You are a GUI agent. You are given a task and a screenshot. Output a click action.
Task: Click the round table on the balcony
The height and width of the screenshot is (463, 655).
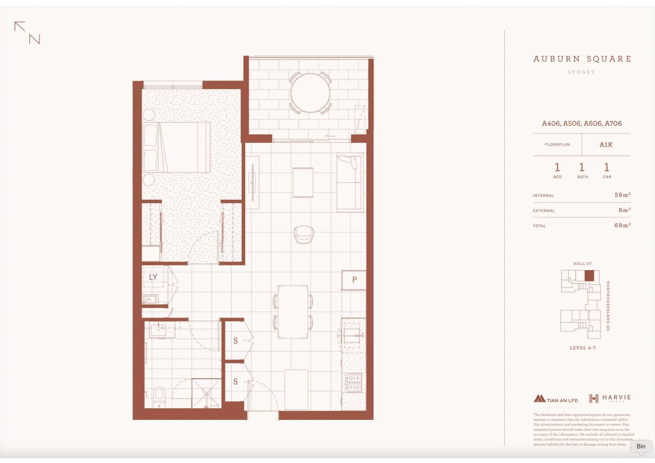pos(311,93)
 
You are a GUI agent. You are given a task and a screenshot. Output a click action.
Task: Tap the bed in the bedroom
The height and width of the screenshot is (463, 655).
pos(177,147)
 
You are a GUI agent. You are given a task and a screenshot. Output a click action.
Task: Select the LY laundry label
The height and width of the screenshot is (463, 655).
pos(153,277)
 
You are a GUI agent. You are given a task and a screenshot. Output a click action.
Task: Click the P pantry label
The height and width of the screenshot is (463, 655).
pos(354,280)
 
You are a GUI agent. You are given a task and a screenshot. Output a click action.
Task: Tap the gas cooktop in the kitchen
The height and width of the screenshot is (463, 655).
pos(354,382)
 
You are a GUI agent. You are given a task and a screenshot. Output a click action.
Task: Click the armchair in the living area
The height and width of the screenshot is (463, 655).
pos(304,235)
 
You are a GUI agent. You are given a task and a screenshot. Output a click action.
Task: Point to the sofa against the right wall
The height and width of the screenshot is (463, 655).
pos(350,183)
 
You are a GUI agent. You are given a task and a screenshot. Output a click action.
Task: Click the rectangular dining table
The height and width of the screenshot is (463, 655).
pos(293,312)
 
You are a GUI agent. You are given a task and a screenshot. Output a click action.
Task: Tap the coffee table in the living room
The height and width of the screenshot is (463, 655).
pos(303,182)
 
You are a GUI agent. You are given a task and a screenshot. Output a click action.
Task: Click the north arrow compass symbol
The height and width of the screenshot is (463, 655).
pos(27,33)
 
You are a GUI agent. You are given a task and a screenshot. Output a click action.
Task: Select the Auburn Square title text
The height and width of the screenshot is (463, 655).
pos(582,59)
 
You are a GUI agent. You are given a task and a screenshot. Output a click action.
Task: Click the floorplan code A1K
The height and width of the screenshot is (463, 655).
pos(606,145)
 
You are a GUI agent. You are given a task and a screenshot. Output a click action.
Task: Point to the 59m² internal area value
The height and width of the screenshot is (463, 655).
pos(622,195)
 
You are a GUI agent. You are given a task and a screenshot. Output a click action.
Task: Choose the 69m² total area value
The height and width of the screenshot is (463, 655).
pos(622,225)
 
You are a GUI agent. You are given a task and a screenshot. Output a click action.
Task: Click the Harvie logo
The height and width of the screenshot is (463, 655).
pos(610,398)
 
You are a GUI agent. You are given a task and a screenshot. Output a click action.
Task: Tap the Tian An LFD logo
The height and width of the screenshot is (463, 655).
pos(556,399)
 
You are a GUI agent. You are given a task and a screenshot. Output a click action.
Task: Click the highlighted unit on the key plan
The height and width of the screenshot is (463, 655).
pos(589,276)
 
